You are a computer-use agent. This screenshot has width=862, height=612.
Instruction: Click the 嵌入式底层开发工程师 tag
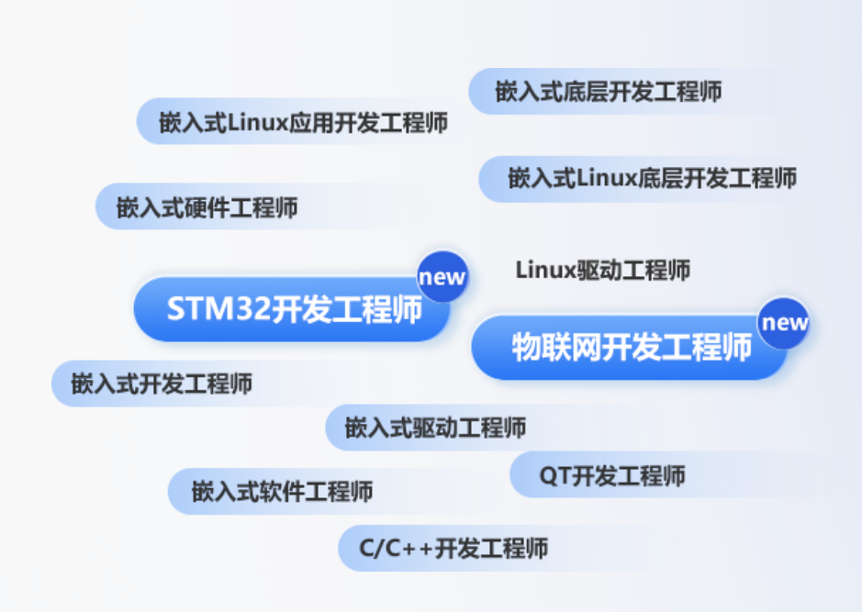click(608, 92)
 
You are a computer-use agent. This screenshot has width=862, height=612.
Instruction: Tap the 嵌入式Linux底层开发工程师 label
click(652, 178)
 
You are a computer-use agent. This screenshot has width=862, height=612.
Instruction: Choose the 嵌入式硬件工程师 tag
click(207, 207)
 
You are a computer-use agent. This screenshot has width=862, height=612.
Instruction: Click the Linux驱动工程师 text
click(602, 271)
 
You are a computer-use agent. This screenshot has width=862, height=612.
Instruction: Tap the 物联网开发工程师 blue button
click(632, 347)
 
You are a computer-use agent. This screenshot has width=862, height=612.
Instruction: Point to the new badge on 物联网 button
click(784, 323)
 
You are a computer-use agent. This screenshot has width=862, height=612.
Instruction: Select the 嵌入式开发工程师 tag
click(161, 384)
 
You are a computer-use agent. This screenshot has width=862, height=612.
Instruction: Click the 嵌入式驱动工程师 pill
click(435, 428)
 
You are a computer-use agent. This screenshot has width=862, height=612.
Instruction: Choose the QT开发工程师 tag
click(611, 476)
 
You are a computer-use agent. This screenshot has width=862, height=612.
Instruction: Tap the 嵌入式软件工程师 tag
click(282, 492)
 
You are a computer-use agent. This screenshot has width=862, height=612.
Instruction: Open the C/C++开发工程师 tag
click(453, 549)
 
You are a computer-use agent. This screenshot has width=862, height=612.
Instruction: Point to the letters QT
click(554, 476)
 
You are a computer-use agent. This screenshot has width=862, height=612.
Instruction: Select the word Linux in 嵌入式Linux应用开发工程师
click(257, 122)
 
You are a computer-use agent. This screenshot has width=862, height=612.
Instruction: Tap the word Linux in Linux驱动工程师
click(545, 271)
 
